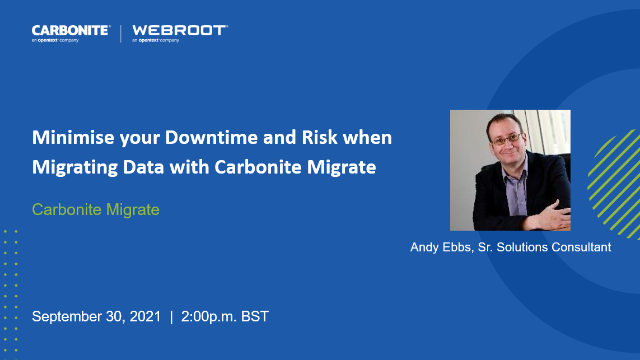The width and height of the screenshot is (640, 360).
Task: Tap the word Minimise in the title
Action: coord(71,138)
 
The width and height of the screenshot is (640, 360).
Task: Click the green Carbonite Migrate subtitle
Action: coord(96,211)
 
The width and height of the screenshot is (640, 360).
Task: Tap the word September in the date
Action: coord(70,316)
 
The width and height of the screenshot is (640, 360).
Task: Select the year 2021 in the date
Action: coord(141,316)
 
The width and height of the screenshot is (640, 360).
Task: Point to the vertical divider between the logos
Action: coord(120,33)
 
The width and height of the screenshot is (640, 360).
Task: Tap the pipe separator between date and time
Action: coord(171,316)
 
